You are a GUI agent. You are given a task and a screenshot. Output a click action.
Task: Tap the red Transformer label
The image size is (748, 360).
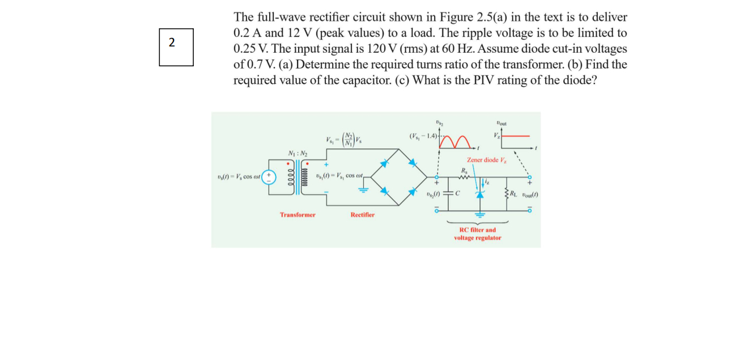(x=297, y=215)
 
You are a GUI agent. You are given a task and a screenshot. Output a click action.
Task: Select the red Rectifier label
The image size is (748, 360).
(x=362, y=215)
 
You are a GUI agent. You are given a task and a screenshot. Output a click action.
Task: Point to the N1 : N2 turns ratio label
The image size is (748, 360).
(x=297, y=154)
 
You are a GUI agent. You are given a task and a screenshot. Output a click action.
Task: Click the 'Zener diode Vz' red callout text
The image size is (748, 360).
(x=487, y=160)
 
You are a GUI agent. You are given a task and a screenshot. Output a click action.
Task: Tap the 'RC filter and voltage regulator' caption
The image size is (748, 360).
(x=477, y=234)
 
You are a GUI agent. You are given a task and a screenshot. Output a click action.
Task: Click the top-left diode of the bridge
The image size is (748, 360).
(x=385, y=163)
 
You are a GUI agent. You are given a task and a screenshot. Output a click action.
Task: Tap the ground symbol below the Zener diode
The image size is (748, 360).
(x=481, y=215)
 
